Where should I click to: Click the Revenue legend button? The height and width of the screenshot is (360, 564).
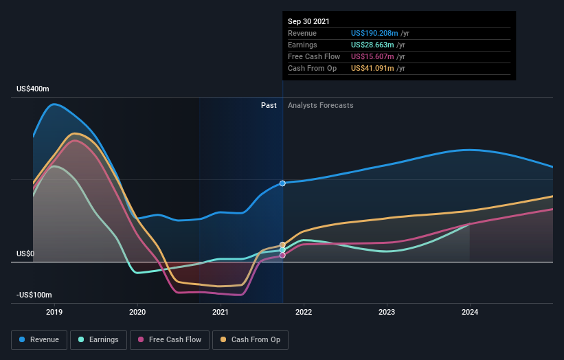39,339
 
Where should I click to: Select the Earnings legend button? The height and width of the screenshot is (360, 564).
98,339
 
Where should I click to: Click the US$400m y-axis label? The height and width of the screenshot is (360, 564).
33,89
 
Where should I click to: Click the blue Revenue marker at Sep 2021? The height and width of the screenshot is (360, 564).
282,183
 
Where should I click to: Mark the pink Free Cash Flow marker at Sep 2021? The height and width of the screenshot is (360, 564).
282,256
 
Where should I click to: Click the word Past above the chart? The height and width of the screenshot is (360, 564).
269,105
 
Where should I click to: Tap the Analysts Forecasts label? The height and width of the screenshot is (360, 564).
321,105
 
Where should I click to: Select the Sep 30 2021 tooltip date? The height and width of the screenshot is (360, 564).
309,21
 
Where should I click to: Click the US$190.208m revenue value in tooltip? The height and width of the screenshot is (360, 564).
380,33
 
